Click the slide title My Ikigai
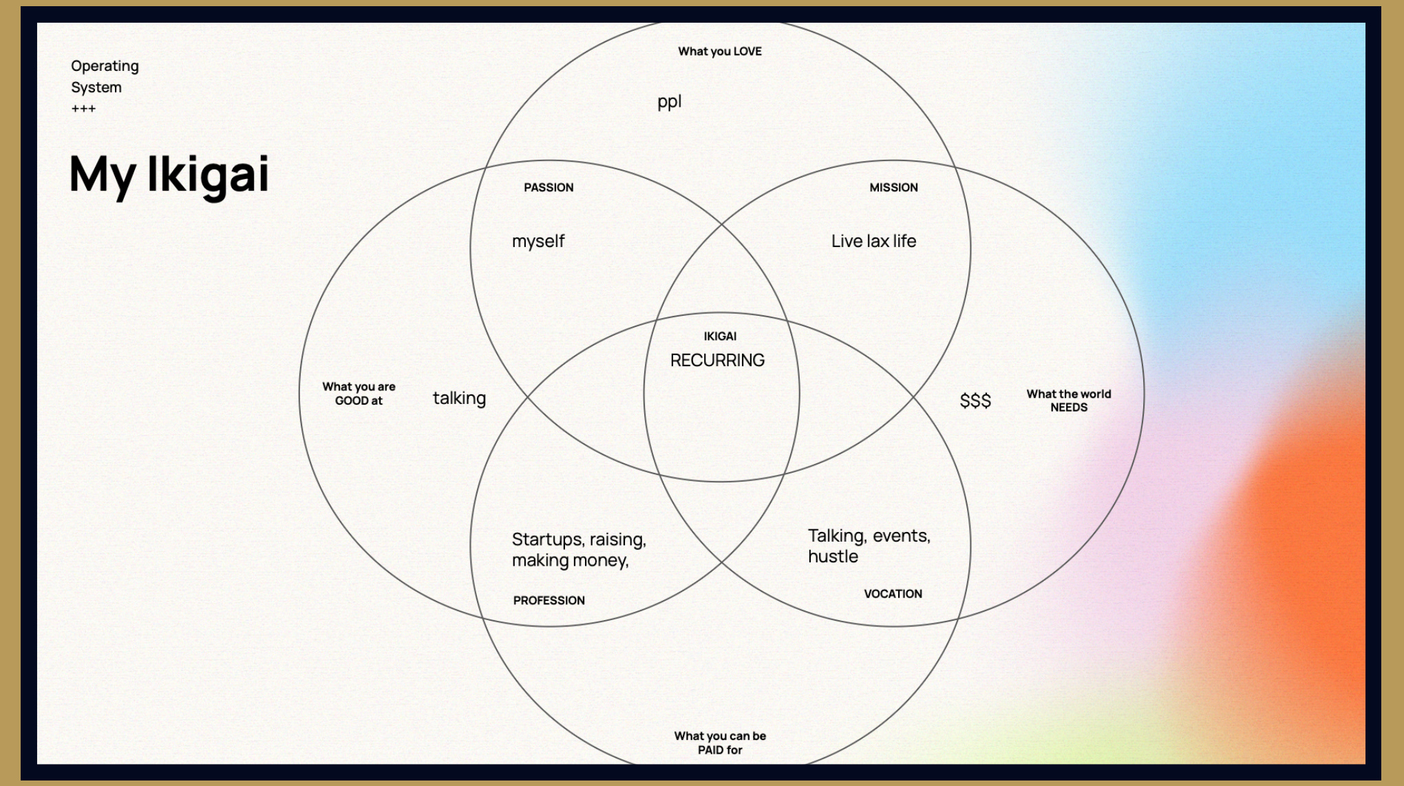[x=169, y=174]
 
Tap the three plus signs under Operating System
[x=83, y=109]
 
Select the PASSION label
[x=549, y=187]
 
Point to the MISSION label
[x=893, y=187]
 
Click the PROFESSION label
[x=549, y=600]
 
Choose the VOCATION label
[x=893, y=593]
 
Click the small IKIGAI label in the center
[x=720, y=336]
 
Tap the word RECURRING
[x=717, y=360]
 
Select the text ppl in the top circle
[x=669, y=102]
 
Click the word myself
[x=538, y=242]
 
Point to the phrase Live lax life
[x=873, y=241]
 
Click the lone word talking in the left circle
[x=459, y=399]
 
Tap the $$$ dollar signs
[x=975, y=401]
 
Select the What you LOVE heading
[x=720, y=51]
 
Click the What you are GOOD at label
[x=359, y=394]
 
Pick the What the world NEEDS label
[x=1069, y=401]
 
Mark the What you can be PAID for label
[x=720, y=743]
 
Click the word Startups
[x=546, y=540]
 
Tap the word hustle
[x=833, y=557]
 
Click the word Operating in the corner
[x=105, y=66]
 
